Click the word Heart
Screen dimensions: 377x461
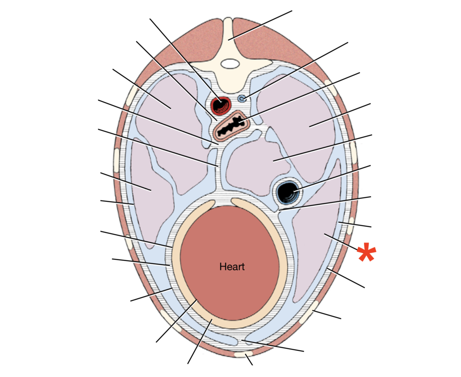[232, 267]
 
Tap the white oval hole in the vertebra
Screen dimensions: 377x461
[230, 64]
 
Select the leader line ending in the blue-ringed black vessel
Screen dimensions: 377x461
[332, 178]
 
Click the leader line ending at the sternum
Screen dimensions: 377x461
[249, 360]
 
